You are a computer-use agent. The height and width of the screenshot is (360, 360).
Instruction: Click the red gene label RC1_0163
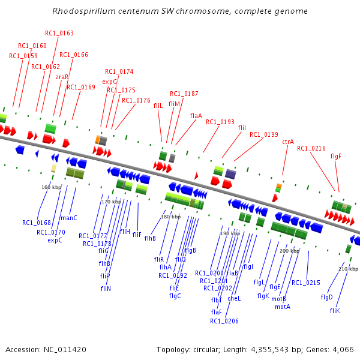59,33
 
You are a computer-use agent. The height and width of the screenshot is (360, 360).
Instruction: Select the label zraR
62,77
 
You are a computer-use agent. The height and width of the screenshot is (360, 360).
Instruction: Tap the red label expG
110,82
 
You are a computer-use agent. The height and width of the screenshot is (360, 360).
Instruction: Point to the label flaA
196,116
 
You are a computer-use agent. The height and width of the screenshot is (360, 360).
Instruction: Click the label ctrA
288,142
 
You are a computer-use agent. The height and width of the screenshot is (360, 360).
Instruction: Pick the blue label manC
69,218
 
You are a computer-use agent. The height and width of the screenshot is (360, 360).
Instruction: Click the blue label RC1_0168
37,223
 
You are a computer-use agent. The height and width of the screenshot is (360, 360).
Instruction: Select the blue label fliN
106,289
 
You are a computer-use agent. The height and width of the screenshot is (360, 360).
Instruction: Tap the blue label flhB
150,238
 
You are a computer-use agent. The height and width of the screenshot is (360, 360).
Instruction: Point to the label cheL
234,298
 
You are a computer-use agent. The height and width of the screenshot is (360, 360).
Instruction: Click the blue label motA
283,307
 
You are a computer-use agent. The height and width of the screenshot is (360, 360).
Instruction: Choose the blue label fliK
335,310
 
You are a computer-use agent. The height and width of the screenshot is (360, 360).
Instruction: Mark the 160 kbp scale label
52,187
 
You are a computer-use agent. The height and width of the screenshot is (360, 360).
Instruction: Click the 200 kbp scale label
289,251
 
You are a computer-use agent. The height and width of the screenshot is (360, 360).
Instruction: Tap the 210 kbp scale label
348,269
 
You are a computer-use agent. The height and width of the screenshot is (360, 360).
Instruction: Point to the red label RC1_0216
311,148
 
